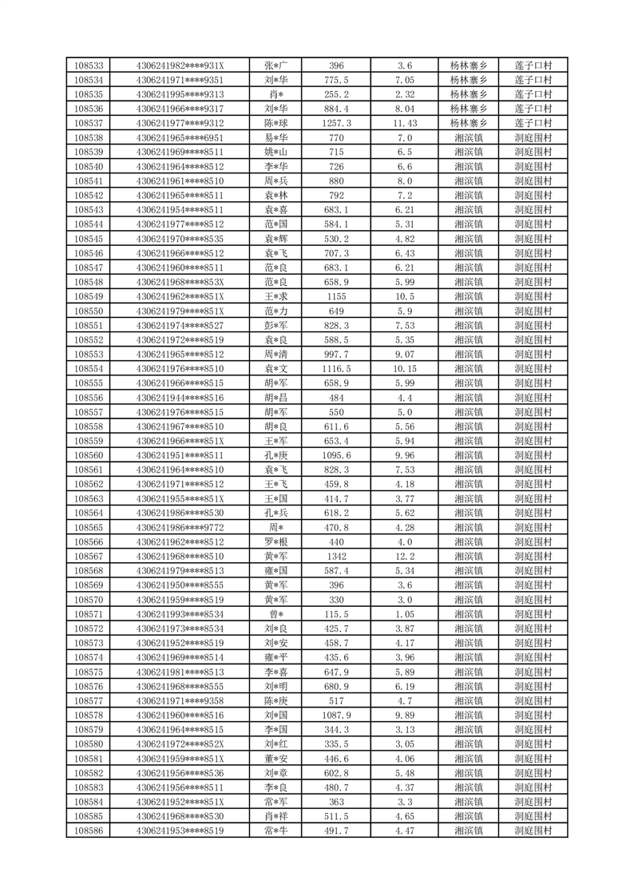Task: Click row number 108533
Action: point(88,65)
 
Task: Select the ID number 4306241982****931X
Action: point(180,65)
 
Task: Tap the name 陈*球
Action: point(276,123)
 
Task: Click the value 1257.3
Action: point(336,123)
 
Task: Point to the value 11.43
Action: point(405,123)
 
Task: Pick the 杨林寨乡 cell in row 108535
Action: point(468,94)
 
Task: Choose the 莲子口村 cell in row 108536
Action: point(533,109)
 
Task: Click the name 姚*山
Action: point(276,152)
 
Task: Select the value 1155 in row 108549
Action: point(336,296)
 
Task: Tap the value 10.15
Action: point(405,368)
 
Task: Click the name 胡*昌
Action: point(276,397)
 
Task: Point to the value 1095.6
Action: point(336,455)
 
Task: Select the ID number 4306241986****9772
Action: point(180,527)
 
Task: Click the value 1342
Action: point(336,556)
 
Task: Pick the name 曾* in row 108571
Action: point(276,614)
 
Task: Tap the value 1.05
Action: point(405,614)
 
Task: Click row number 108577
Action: point(88,700)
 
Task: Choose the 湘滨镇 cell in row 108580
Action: point(468,743)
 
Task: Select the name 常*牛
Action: point(276,831)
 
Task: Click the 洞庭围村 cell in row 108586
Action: point(533,831)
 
